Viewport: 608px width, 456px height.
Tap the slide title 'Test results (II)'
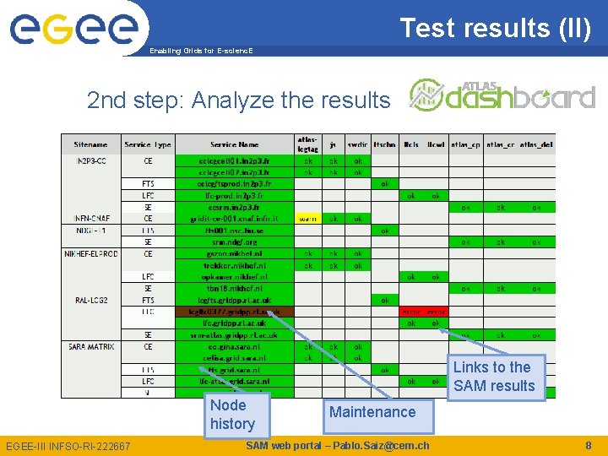[x=495, y=28]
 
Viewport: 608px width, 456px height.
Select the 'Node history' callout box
[x=232, y=414]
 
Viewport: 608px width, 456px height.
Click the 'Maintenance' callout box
[x=372, y=412]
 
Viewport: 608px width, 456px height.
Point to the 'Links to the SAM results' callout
[x=494, y=377]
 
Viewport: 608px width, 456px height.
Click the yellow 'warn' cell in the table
[x=307, y=218]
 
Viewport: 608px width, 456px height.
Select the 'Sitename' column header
[x=90, y=144]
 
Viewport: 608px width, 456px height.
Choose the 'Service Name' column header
[x=235, y=144]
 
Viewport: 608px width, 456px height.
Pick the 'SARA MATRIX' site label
[x=91, y=346]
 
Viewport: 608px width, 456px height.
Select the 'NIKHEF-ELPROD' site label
[x=92, y=253]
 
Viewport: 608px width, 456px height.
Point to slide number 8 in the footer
[x=589, y=445]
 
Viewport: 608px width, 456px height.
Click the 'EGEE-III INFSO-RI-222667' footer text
[x=68, y=446]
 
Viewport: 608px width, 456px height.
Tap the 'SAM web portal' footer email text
[x=337, y=445]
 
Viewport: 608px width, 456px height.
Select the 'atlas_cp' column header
[x=465, y=144]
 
